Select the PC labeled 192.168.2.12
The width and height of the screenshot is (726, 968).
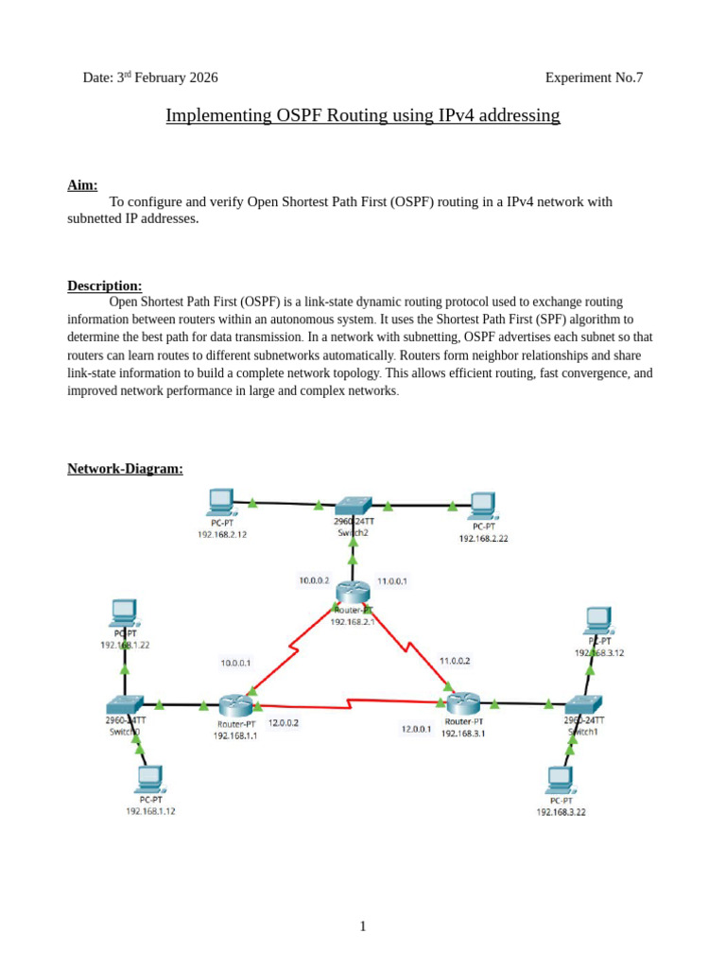click(221, 501)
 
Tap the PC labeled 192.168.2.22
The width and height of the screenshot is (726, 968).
click(482, 505)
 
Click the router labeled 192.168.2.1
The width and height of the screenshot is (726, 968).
click(352, 590)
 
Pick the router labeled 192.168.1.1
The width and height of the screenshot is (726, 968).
click(234, 704)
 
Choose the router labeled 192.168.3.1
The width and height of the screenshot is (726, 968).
click(464, 702)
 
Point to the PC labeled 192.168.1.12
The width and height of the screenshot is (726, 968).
click(148, 779)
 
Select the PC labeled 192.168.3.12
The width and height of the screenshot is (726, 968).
click(597, 620)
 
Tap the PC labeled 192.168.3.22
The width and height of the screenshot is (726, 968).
click(560, 780)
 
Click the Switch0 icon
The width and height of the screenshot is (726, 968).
click(125, 704)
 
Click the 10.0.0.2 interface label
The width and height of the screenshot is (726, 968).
click(314, 581)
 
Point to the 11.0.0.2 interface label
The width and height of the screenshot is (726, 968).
click(455, 661)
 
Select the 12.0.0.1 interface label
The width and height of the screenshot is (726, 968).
click(417, 729)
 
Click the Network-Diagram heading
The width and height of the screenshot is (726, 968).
click(125, 468)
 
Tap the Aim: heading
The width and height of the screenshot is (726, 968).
click(82, 185)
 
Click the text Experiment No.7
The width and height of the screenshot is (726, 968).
click(594, 78)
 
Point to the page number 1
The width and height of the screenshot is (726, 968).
click(363, 926)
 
